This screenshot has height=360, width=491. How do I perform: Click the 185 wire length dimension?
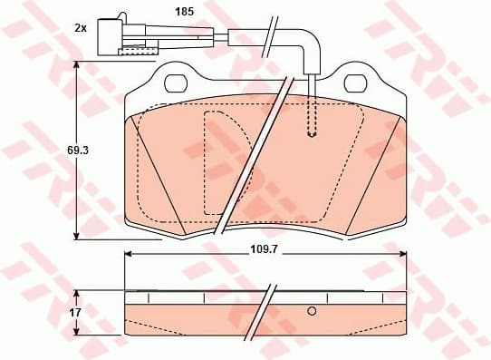click(x=185, y=13)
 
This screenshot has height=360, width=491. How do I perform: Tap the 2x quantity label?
click(x=80, y=28)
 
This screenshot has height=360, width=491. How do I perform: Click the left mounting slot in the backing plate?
click(x=174, y=84)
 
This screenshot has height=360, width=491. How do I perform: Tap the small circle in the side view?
click(x=312, y=311)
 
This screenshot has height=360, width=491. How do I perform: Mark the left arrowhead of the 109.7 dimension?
click(x=128, y=253)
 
